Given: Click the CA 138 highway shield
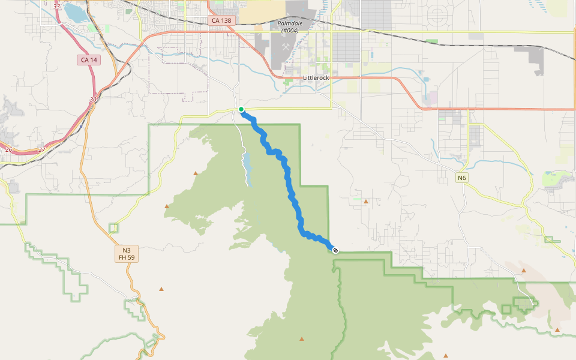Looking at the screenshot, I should coord(223,20).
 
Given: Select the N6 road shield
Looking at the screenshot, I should coord(461,178).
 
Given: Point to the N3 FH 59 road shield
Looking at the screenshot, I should coord(126,254).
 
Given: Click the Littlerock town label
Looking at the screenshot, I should coord(316,78).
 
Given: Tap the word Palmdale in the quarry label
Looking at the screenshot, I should coord(290,23).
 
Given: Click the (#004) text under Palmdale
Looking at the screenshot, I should coord(289,30).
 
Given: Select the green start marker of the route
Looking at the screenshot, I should coord(241,109).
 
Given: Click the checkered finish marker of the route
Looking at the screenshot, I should coord(335,250).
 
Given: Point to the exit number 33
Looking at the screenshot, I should coord(56,6).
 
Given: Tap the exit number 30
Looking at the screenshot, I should coord(92,100).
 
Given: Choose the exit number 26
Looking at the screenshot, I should coord(8,149).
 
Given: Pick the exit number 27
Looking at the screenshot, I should coord(41,149).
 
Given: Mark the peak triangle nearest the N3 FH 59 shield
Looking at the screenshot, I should coord(161,289).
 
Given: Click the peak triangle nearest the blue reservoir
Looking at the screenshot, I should coord(195,173).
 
